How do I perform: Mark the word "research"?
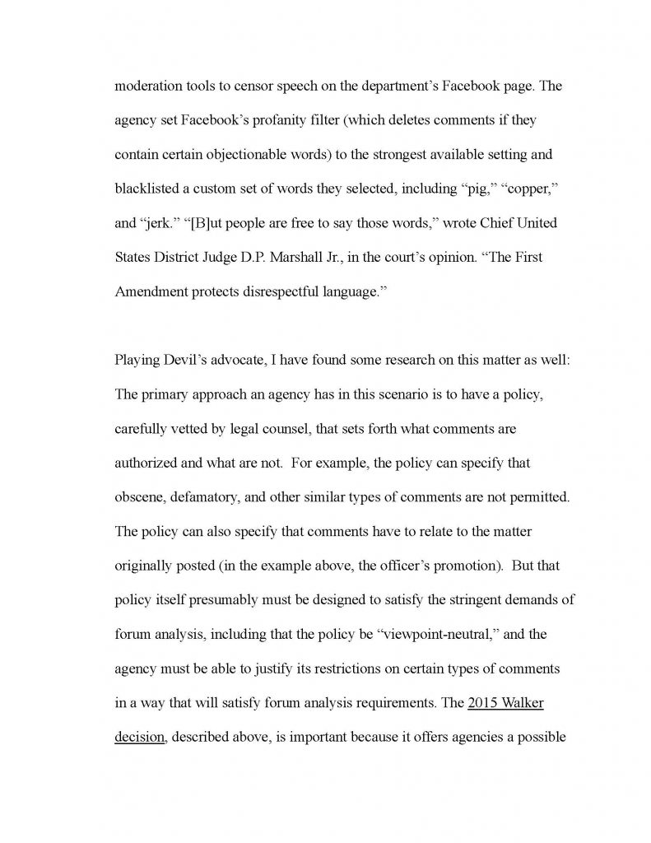(x=395, y=364)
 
